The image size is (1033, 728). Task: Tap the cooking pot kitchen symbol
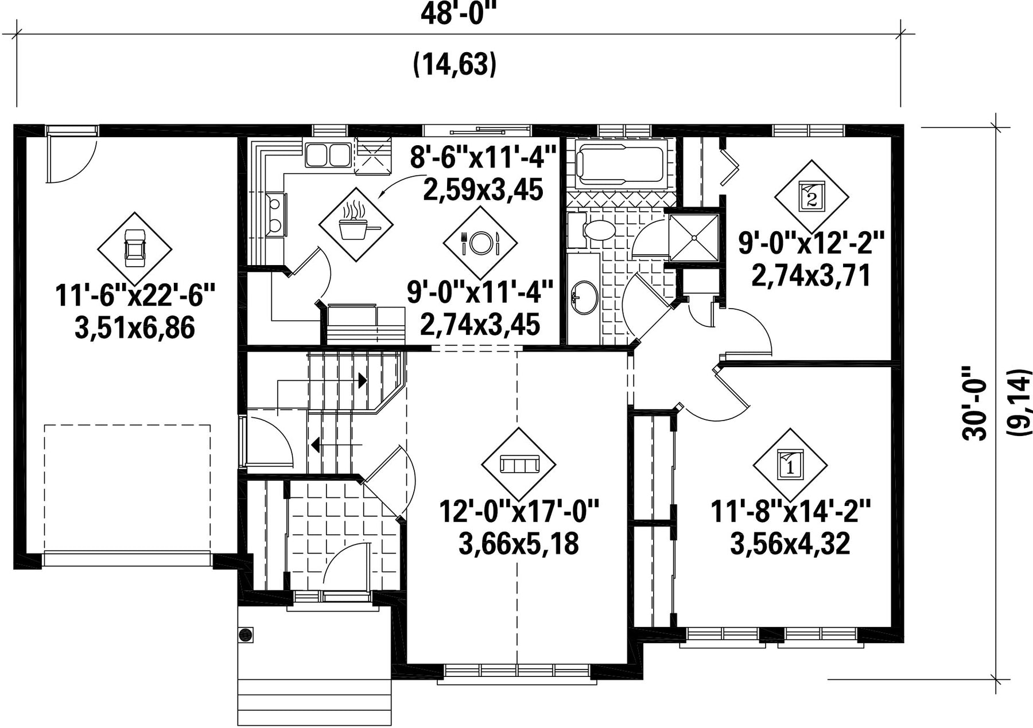tap(356, 225)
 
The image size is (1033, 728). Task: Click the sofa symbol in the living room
tap(519, 464)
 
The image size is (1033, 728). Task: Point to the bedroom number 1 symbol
tap(790, 465)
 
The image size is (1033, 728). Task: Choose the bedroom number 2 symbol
tap(811, 196)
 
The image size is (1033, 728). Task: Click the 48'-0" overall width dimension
tap(457, 13)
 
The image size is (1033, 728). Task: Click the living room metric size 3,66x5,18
tap(519, 543)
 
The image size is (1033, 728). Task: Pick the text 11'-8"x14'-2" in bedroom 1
tap(791, 511)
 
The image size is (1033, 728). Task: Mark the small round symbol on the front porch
tap(246, 634)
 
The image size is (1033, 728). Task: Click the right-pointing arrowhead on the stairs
tap(362, 380)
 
